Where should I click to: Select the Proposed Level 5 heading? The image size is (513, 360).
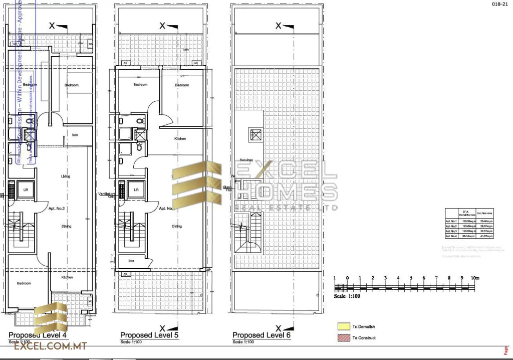[x=149, y=335]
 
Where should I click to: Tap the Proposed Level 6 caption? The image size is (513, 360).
[x=262, y=335]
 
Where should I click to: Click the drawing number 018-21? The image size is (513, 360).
[x=499, y=4]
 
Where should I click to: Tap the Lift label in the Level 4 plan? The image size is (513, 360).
[x=26, y=190]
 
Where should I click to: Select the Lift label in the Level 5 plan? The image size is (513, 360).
[x=136, y=190]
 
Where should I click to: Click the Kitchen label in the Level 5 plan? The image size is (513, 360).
[x=180, y=138]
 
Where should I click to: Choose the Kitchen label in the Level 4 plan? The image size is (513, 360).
[x=67, y=277]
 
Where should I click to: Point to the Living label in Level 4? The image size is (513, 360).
[x=66, y=176]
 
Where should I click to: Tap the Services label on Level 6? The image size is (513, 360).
[x=246, y=160]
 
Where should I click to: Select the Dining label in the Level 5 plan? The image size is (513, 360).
[x=177, y=226]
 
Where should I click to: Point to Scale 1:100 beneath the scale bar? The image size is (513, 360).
[x=347, y=296]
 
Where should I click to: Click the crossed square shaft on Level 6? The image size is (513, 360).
[x=254, y=134]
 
